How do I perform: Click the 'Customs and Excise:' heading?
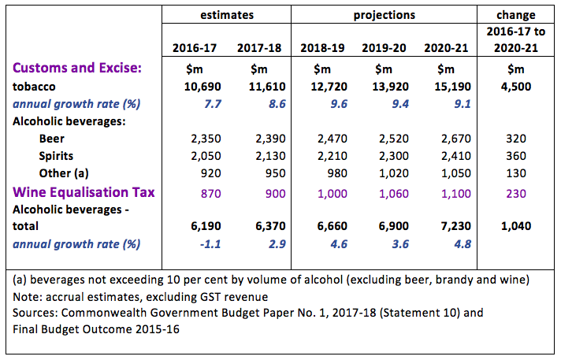tap(77, 69)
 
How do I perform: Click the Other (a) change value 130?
tap(516, 173)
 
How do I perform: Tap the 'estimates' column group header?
tap(225, 14)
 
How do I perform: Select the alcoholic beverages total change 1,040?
tap(516, 226)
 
